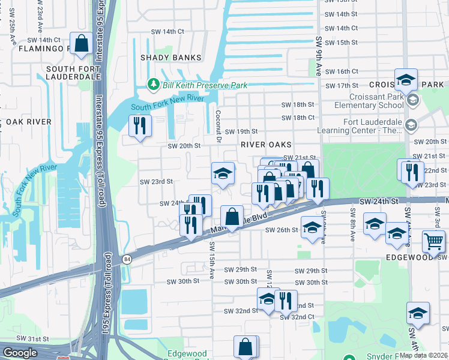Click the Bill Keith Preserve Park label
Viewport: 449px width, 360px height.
(204, 86)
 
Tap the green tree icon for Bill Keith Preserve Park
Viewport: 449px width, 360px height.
(154, 85)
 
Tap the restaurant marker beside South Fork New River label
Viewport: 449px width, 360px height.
(140, 126)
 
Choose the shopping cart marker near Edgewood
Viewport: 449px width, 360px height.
(433, 243)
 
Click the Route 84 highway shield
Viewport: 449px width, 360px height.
(126, 259)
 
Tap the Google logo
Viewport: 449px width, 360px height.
(20, 353)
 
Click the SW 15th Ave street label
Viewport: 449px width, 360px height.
(212, 261)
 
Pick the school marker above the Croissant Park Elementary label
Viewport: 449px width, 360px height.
(406, 80)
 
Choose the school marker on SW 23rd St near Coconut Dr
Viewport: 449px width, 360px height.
(223, 174)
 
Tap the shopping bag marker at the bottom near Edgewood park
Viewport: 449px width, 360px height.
(246, 347)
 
